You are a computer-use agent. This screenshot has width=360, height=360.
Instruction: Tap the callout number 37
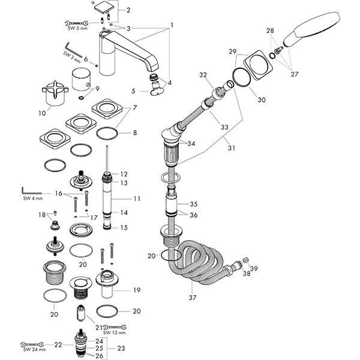pos(193,297)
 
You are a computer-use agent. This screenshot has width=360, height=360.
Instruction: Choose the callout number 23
pos(137,348)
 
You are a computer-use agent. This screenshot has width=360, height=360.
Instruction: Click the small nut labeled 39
pos(245,259)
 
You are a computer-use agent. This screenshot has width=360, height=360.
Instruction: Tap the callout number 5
pos(133,91)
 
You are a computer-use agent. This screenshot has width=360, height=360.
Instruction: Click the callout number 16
pos(58,193)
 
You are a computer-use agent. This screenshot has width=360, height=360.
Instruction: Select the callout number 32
pos(203,75)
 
